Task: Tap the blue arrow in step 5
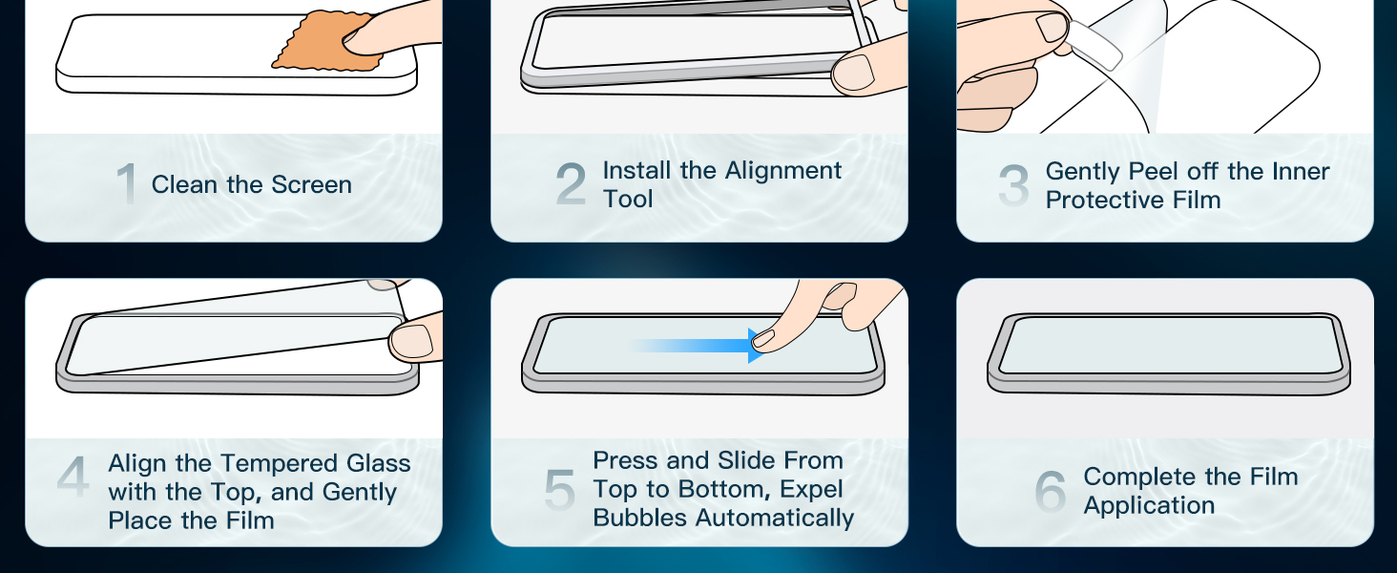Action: click(698, 345)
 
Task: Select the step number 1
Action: click(127, 183)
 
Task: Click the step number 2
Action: click(571, 183)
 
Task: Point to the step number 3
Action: click(1013, 184)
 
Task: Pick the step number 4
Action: click(73, 477)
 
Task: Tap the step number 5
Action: click(559, 490)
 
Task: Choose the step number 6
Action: click(1051, 491)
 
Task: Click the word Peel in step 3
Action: click(1154, 171)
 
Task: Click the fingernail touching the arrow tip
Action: click(764, 338)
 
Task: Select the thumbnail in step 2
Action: click(854, 72)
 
